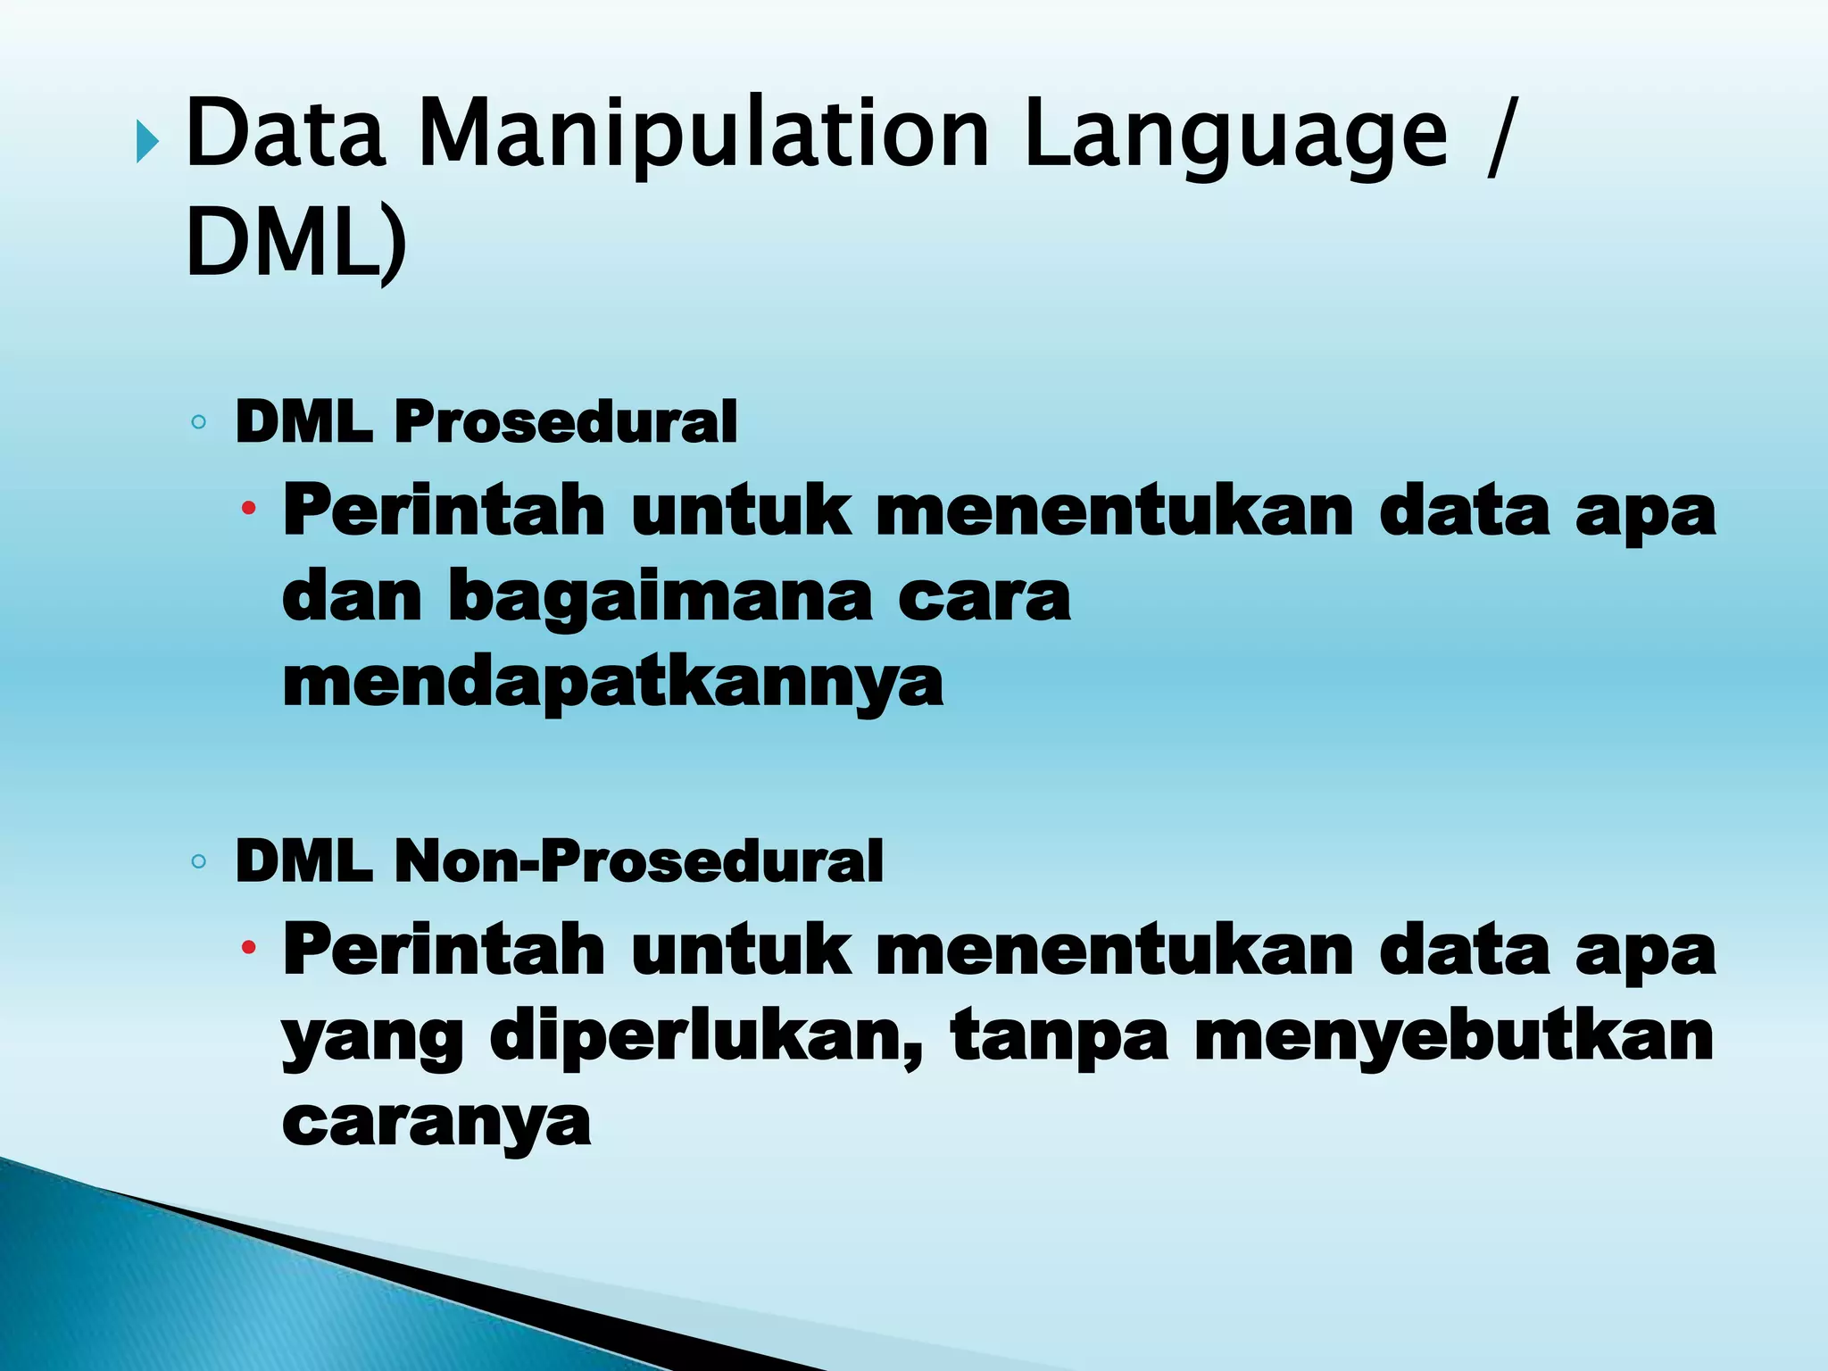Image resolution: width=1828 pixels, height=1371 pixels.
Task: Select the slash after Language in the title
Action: coord(1499,134)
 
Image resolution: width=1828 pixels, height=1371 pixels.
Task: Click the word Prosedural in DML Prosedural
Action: coord(566,421)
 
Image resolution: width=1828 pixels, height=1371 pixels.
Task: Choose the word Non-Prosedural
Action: coord(639,861)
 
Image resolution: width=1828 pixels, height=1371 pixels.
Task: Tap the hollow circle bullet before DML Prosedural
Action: coord(199,422)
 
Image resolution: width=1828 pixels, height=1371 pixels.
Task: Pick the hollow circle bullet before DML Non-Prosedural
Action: coord(199,862)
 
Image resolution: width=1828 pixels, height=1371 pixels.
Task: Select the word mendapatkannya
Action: coord(612,684)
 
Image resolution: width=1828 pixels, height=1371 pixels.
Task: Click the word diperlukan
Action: coord(706,1038)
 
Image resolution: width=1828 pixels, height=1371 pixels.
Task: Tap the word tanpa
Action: coord(1059,1038)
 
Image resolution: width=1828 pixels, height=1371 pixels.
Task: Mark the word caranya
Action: coord(436,1123)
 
